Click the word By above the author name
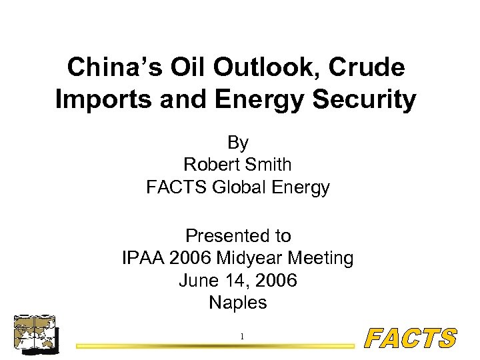click(238, 143)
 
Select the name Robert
click(210, 165)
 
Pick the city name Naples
click(238, 303)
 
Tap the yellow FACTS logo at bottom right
click(411, 339)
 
